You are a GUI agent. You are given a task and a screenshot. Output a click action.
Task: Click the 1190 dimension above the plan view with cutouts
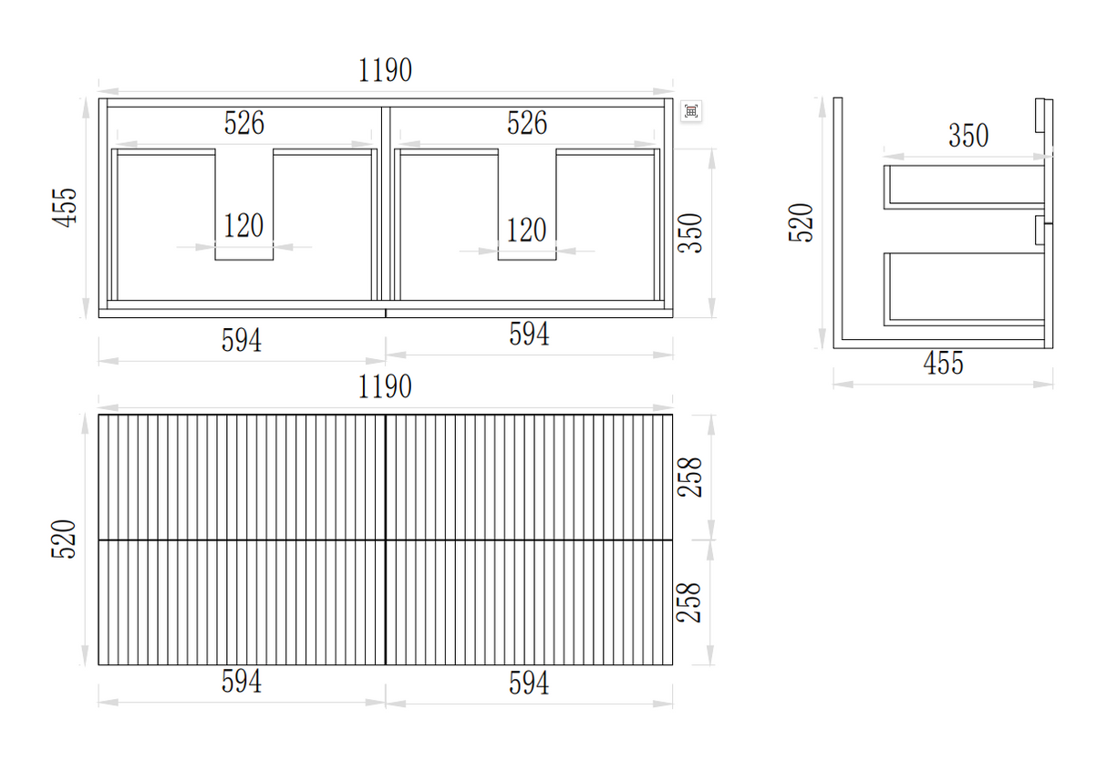(x=385, y=70)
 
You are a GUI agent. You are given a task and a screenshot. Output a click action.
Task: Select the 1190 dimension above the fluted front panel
(x=385, y=386)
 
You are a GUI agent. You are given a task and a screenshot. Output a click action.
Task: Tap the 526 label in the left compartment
(x=244, y=123)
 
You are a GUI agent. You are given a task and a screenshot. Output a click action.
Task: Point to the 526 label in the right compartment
(x=527, y=123)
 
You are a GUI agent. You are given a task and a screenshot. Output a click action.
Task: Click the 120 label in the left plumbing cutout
(x=243, y=225)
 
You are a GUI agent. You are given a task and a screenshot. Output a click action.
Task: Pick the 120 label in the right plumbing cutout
(x=526, y=230)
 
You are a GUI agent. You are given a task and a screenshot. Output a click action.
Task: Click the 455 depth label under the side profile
(x=943, y=364)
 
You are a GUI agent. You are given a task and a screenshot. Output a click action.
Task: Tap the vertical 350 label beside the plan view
(x=692, y=232)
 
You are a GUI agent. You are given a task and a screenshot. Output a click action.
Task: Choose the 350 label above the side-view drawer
(x=968, y=136)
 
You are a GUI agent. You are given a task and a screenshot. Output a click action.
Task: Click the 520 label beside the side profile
(x=801, y=222)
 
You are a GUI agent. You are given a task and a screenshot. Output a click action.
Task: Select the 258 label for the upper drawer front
(x=692, y=477)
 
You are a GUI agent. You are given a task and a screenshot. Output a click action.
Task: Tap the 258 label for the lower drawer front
(x=692, y=602)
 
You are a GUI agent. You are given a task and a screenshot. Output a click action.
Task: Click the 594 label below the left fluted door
(x=242, y=682)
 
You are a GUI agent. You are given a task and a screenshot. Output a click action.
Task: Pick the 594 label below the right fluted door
(x=529, y=684)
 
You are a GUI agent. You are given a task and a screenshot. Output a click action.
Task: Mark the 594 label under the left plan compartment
(x=242, y=340)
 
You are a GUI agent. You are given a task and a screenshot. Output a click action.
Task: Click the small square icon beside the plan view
(x=691, y=111)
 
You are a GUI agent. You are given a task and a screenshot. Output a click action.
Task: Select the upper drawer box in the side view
(x=965, y=187)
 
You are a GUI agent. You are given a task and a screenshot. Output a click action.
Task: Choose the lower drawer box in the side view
(x=965, y=287)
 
